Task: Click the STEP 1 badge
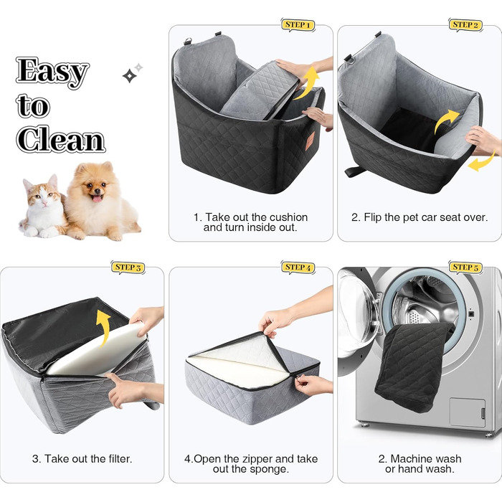coord(298,25)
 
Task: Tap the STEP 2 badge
coord(465,25)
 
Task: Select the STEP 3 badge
coord(128,267)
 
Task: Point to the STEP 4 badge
coord(298,267)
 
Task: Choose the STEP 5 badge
coord(465,267)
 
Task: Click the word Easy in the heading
coord(52,72)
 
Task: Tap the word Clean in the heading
coord(60,139)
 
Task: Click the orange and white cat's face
coord(42,193)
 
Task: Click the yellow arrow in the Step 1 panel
coord(308,83)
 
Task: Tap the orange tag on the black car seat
coord(309,141)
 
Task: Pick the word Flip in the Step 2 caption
coord(372,217)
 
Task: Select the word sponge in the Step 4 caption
coord(272,469)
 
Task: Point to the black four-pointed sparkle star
coord(129,76)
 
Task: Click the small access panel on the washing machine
coord(468,412)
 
